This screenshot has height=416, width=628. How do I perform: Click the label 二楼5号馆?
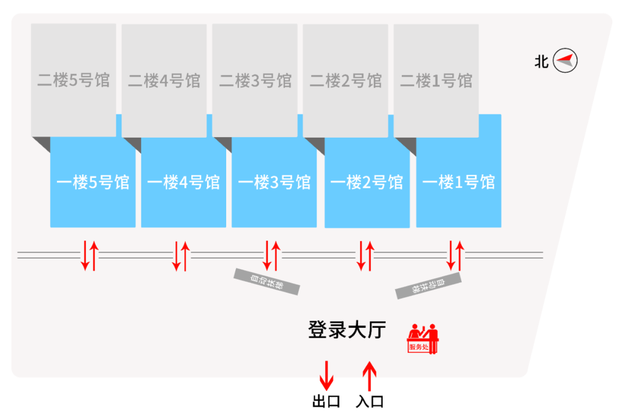pos(73,80)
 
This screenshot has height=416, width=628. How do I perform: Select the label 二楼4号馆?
pos(164,80)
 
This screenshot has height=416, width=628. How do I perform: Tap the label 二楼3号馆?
pos(255,80)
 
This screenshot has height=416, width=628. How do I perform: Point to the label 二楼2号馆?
pos(345,80)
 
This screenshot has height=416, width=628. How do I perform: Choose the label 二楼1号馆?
pos(436,80)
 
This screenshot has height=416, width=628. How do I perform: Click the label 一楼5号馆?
pos(93,182)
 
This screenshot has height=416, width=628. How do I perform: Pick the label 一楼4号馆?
pos(184,182)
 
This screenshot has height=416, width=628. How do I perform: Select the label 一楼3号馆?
pos(274,182)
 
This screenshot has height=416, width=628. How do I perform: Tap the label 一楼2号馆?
pos(366,182)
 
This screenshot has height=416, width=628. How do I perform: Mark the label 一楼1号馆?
pos(459,182)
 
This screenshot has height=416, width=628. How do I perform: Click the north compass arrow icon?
pos(565,60)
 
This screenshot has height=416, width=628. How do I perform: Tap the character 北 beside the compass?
pos(541,61)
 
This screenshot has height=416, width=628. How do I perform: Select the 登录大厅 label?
pos(347,330)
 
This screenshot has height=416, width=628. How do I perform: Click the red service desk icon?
pos(423,339)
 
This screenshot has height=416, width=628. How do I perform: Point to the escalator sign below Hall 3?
pos(267,281)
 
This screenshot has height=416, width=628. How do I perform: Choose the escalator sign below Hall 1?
pos(429,285)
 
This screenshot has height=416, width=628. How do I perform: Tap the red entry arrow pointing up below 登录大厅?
pos(369,376)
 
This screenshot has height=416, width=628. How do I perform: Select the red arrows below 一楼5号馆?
pos(90,256)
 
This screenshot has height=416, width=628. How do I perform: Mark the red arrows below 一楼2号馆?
pos(365,256)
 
